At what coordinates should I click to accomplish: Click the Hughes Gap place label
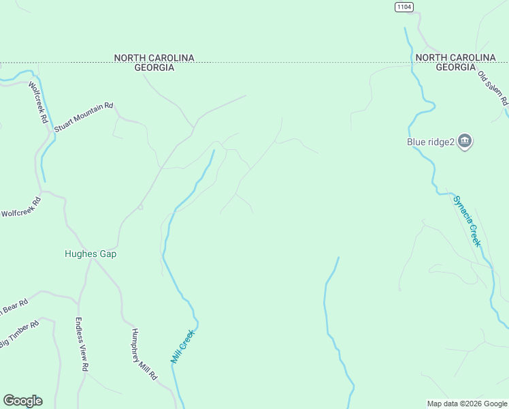91,254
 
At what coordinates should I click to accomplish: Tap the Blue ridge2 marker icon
465,142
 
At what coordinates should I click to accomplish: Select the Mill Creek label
182,346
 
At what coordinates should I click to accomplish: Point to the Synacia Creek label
467,221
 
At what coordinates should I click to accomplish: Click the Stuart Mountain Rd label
84,117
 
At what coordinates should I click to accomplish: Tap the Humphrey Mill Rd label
144,354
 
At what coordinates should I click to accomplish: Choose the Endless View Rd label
82,344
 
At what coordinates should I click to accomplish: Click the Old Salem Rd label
493,88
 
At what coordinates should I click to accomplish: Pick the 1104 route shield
404,6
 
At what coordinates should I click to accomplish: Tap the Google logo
22,401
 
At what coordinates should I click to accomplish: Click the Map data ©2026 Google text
467,404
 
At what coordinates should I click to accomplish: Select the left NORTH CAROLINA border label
154,58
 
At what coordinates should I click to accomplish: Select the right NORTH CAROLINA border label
456,58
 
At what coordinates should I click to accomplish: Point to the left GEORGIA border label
154,67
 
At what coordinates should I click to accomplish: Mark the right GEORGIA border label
456,67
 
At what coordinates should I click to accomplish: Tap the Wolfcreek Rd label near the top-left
38,102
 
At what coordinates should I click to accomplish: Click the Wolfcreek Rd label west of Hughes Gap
21,207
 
